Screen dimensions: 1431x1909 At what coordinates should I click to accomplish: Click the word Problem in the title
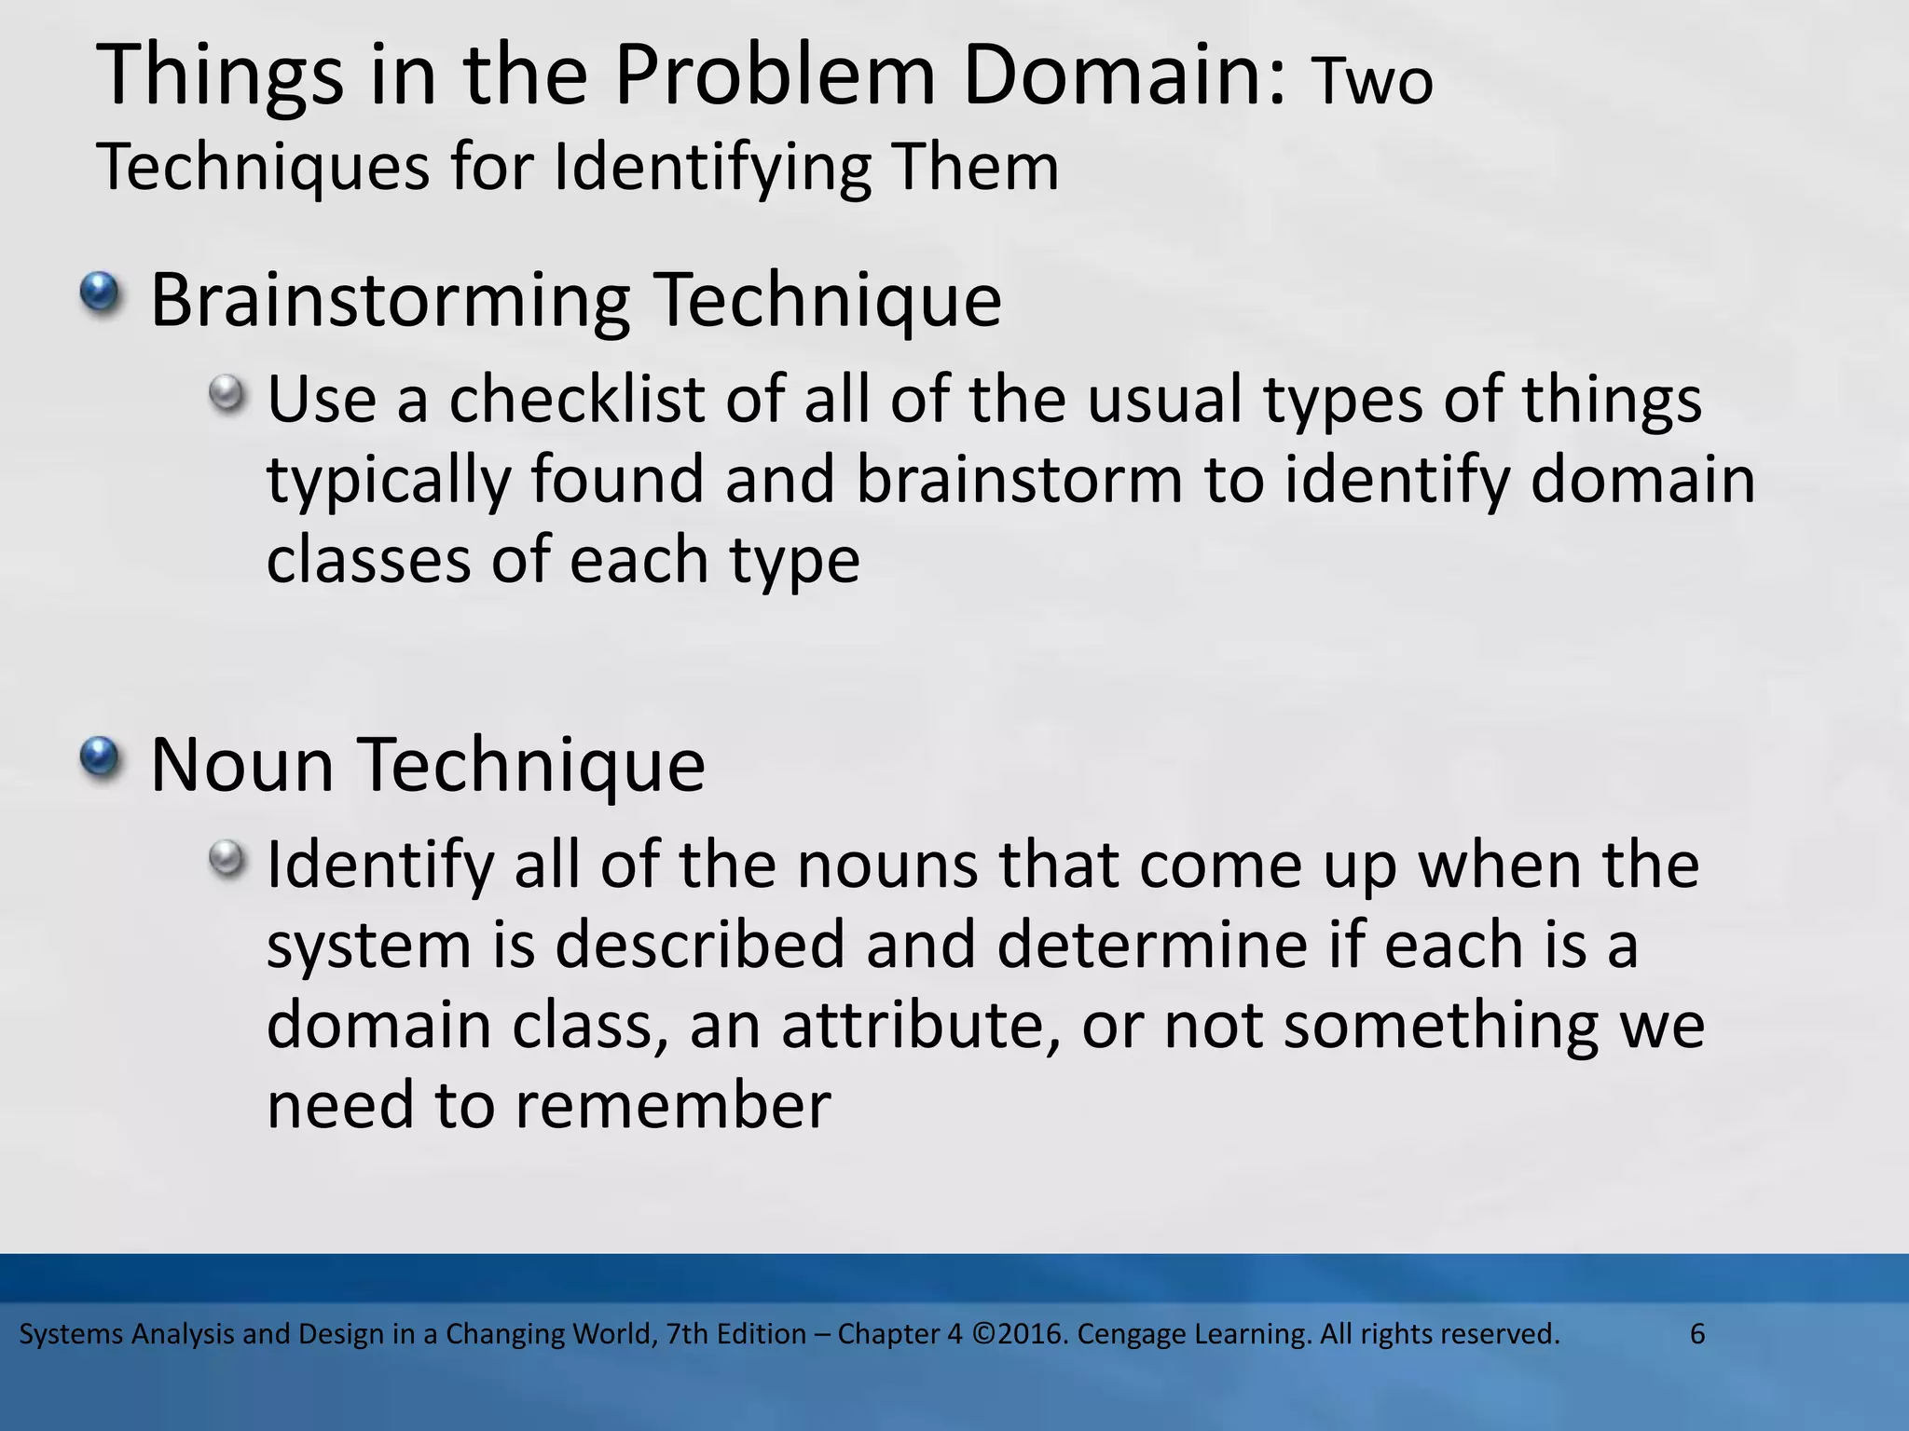point(774,77)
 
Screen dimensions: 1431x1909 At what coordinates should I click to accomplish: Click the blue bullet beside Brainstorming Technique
point(100,293)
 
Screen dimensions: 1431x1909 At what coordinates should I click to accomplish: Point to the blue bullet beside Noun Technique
point(100,756)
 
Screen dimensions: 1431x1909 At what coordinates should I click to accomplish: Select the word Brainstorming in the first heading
point(390,301)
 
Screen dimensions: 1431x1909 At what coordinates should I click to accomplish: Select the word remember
point(671,1107)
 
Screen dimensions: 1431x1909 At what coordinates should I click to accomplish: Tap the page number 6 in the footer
point(1697,1334)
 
